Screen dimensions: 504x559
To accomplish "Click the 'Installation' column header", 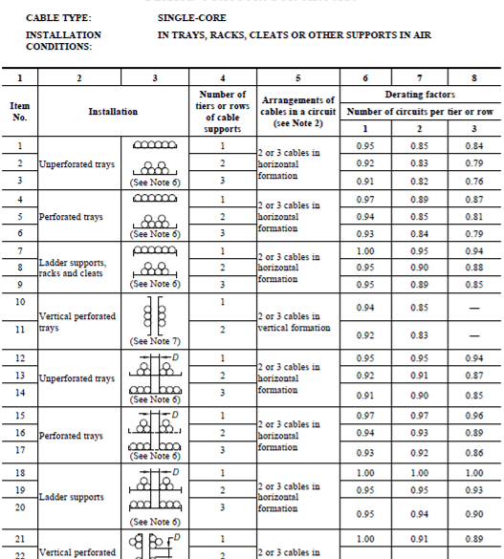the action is coord(113,112).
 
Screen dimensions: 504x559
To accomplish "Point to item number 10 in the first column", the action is coord(20,302).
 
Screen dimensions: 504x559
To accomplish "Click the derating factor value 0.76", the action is coord(473,180).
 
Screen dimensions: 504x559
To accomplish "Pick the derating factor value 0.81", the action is coord(473,217).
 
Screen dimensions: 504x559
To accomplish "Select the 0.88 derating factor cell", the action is coord(473,268).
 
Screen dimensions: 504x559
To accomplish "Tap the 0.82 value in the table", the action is coord(418,180).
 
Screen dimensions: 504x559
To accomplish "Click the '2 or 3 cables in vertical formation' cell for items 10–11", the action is coord(293,321).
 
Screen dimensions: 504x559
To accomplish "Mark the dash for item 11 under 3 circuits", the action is coord(473,334).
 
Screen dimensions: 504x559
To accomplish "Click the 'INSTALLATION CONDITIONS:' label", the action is coord(63,39).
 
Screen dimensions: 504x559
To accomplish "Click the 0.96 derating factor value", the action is coord(473,416).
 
